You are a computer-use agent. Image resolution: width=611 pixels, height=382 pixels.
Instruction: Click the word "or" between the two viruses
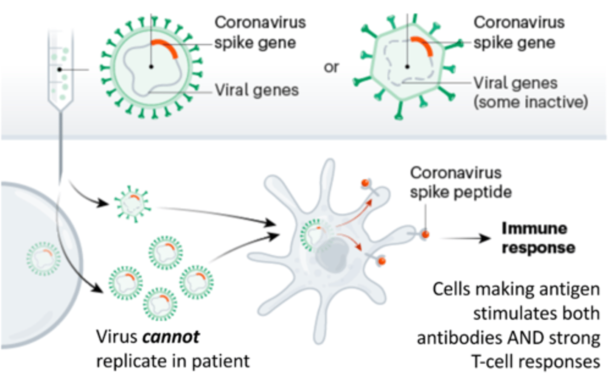coord(331,67)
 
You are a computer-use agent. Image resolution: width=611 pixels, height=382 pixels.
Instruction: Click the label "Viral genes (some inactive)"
coord(530,92)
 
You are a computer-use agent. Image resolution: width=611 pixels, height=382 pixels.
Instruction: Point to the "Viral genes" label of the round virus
coord(256,90)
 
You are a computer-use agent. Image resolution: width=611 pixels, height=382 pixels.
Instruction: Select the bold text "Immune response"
coord(538,238)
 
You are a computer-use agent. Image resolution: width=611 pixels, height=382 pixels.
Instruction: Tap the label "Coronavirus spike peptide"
coord(460,182)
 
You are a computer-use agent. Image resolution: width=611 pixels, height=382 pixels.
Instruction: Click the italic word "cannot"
coord(171,337)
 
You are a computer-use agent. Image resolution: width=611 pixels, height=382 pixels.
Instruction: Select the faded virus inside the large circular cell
coord(43,258)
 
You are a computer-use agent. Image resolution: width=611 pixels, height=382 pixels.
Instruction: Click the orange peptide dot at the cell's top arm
coord(365,183)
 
